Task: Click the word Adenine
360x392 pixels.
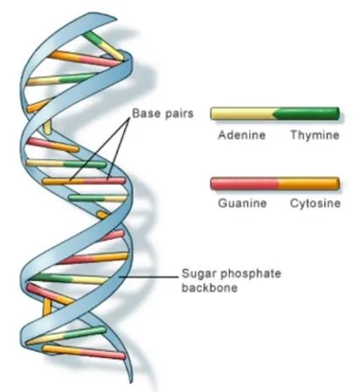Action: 242,135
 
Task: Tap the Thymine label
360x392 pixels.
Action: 315,135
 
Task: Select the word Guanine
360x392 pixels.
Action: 242,203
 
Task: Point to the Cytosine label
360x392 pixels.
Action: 315,203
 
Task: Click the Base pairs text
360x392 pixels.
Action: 163,113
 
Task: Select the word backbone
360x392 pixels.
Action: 210,287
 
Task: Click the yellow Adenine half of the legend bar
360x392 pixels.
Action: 242,113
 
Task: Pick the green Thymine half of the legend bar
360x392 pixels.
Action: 308,113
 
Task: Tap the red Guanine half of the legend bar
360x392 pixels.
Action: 244,183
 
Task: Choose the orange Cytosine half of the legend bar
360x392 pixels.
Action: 308,183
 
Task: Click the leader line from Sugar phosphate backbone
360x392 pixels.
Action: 149,277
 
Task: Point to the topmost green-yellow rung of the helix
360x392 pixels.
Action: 104,45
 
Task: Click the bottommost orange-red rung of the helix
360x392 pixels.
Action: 84,352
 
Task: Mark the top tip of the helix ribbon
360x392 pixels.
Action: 116,19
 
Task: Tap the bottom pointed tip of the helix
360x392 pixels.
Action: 131,382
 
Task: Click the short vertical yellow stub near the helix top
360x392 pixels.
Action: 46,127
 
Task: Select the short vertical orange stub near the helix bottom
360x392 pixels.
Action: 46,307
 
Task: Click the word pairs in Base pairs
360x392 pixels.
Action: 179,113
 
